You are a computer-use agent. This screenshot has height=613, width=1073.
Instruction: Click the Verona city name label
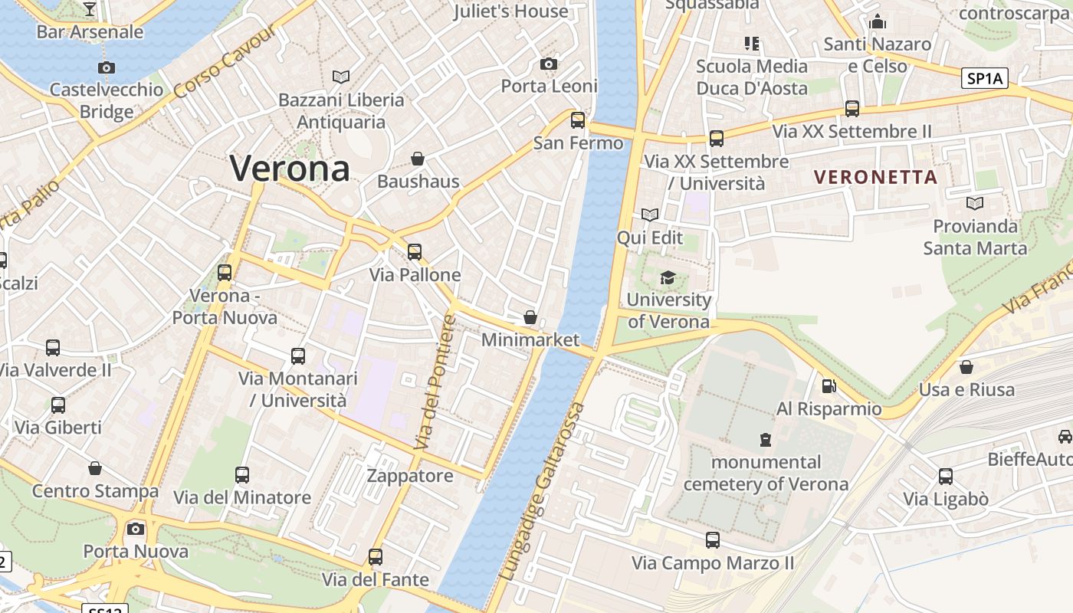click(290, 168)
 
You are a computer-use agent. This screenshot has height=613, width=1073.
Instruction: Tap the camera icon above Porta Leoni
click(549, 64)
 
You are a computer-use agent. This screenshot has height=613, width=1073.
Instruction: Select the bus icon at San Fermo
click(578, 120)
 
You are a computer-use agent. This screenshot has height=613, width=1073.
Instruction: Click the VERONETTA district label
click(875, 177)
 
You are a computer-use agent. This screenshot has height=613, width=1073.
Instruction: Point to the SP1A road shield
click(985, 78)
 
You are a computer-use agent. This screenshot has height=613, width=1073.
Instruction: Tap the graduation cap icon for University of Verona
click(668, 277)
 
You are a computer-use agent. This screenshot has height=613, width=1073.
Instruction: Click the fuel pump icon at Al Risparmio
click(828, 386)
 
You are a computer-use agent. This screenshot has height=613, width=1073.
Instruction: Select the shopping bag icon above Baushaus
click(418, 159)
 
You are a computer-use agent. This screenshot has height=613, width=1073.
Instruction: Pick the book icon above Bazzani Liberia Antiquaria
click(341, 77)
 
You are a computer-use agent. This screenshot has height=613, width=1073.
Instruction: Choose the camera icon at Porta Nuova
click(136, 529)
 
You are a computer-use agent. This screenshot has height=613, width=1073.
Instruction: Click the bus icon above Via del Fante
click(376, 557)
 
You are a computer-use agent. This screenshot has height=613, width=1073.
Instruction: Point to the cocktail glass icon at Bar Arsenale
click(90, 9)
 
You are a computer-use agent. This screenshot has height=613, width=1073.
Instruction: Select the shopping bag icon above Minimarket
click(530, 317)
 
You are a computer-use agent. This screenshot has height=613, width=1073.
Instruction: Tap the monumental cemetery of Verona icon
click(765, 440)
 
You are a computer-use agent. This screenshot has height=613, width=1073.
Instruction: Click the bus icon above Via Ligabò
click(946, 477)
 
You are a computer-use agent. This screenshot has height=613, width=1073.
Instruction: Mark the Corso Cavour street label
click(224, 64)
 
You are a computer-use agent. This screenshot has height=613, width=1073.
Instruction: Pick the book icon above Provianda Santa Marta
click(975, 203)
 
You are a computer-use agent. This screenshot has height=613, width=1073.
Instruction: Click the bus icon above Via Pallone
click(415, 251)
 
